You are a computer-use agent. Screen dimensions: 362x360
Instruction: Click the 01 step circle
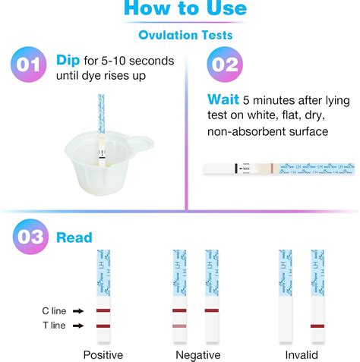click(28, 65)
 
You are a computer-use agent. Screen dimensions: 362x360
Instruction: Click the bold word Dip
click(68, 60)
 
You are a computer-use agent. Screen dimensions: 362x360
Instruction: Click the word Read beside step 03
click(74, 238)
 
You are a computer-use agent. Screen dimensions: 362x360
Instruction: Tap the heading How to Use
click(185, 9)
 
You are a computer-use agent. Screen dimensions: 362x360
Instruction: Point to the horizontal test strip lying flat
click(277, 168)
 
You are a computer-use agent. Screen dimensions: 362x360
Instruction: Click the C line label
click(53, 310)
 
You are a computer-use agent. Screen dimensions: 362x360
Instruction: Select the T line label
click(53, 326)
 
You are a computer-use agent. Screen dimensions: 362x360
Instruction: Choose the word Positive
click(103, 354)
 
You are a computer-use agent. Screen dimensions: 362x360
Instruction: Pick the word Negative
click(197, 354)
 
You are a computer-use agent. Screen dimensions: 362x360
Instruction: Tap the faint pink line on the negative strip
click(179, 326)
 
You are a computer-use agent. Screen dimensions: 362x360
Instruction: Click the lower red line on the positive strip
click(103, 326)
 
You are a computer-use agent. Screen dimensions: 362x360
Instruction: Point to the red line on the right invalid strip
click(319, 326)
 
